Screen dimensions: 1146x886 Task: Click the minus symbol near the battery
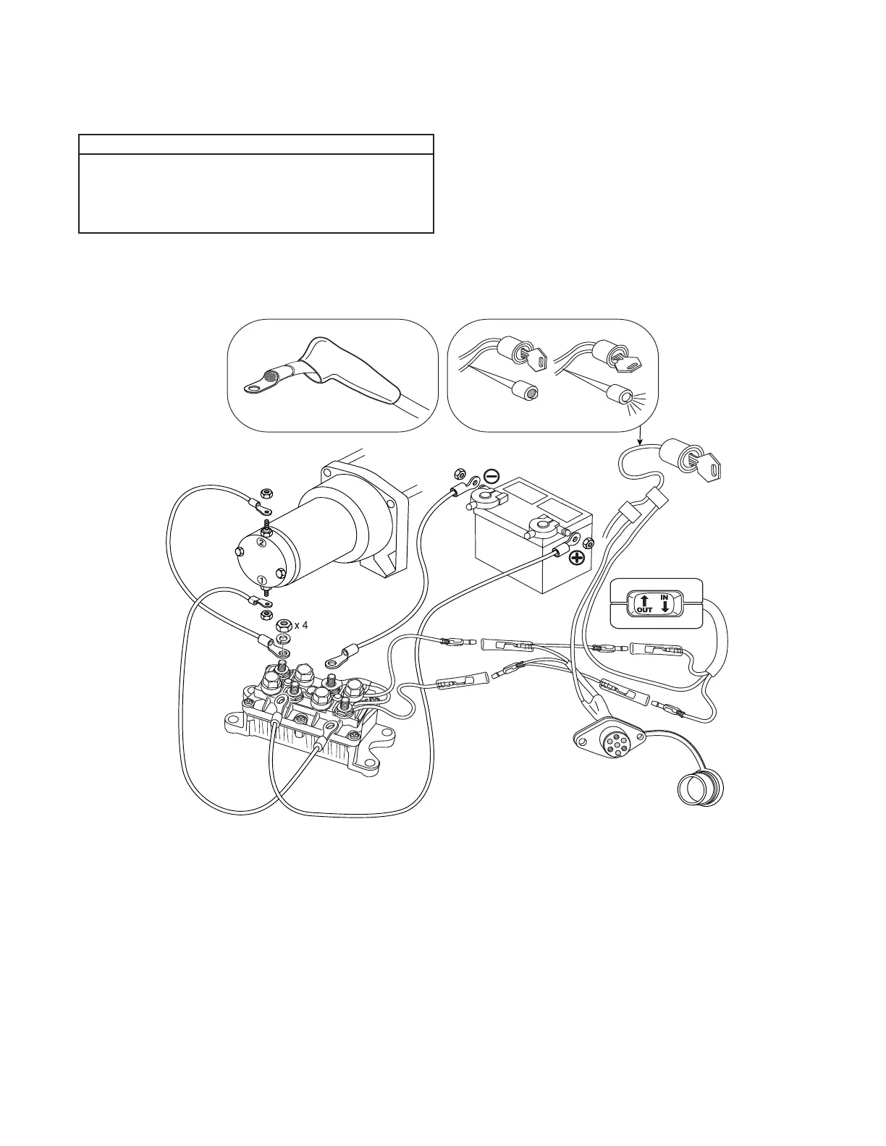pos(491,476)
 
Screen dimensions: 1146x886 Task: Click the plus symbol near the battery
pos(577,558)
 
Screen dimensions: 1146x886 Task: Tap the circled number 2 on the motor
pos(262,542)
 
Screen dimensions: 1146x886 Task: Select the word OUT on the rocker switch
pos(644,610)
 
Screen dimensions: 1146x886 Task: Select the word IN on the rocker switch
pos(663,597)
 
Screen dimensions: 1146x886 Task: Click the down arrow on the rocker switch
pos(665,606)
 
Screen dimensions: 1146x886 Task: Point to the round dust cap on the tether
pos(699,789)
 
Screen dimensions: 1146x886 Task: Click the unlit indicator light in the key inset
pos(530,392)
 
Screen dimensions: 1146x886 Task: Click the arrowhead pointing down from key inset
pos(638,441)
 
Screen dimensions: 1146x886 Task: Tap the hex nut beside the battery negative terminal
pos(457,475)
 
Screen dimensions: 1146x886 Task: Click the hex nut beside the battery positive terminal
pos(588,544)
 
